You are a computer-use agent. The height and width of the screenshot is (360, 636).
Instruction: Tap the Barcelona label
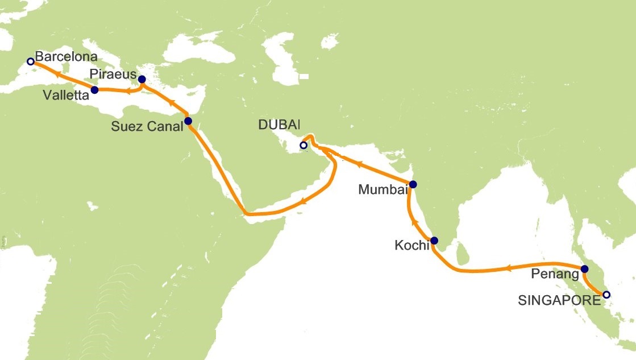click(66, 57)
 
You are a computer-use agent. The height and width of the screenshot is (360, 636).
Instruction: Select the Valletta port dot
click(94, 90)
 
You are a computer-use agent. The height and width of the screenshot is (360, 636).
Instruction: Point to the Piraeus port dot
click(142, 80)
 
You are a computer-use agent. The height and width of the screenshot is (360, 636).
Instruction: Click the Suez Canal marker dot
click(188, 121)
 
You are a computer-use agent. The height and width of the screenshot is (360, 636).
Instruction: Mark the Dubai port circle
click(304, 146)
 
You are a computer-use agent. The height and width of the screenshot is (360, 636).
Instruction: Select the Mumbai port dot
click(413, 184)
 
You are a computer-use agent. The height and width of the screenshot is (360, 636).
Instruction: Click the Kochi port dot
click(434, 241)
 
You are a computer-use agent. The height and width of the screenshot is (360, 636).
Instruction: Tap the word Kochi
click(411, 246)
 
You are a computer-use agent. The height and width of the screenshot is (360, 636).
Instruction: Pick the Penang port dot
click(584, 269)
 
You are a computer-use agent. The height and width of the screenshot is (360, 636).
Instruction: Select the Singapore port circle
click(606, 295)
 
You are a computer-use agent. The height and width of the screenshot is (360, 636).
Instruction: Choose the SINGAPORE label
click(559, 300)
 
